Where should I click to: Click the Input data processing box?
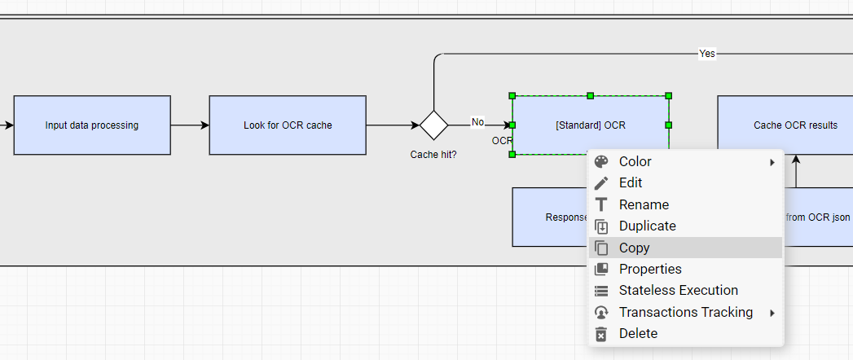(92, 125)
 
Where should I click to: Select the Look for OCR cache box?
(288, 125)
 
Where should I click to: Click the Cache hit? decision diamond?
(433, 125)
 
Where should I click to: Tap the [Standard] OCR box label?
(590, 125)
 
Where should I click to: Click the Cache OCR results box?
(795, 125)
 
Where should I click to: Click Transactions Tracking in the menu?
(685, 312)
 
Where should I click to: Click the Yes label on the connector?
(706, 53)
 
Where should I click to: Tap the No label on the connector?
(477, 122)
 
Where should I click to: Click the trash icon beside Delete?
(601, 334)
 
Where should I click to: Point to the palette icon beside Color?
(601, 161)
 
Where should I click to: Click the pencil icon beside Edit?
(601, 183)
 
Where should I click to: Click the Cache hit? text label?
(433, 155)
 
